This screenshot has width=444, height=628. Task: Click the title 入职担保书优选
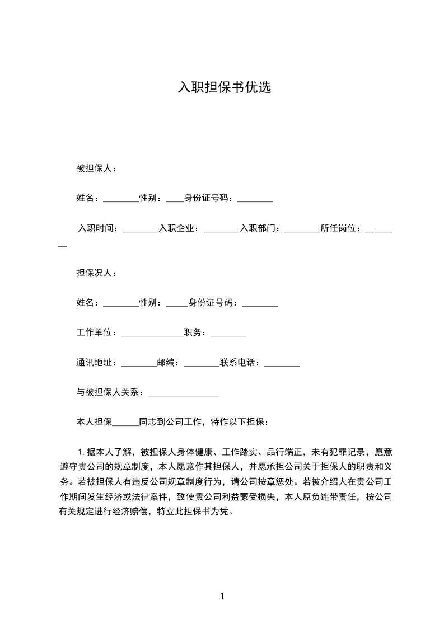224,87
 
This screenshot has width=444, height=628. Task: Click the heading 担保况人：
96,273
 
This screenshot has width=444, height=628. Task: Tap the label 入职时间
96,228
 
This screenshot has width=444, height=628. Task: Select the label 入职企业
177,228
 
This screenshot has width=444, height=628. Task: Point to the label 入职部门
258,228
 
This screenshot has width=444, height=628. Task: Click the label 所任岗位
339,228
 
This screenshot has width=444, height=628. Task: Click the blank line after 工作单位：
152,335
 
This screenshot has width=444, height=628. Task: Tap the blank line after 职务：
228,335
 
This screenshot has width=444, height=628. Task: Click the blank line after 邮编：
201,365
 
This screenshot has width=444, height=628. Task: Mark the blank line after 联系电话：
282,365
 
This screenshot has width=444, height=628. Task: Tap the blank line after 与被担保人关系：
183,395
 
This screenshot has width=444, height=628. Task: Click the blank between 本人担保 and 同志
125,424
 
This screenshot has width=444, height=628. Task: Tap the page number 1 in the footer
222,596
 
